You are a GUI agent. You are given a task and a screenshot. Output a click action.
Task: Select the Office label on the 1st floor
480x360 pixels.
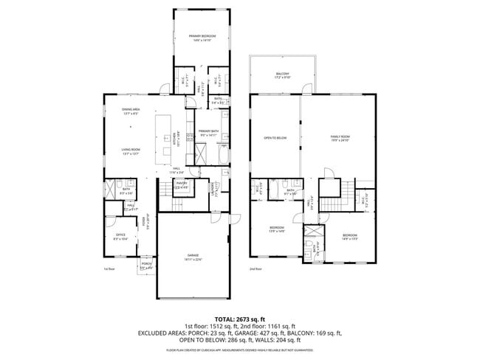tap(120, 235)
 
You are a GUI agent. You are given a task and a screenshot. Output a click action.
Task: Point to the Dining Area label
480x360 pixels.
tap(131, 109)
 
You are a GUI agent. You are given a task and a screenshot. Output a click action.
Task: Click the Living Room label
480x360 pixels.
tap(131, 150)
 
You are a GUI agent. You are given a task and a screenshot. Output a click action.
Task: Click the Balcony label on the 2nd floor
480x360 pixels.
tap(282, 74)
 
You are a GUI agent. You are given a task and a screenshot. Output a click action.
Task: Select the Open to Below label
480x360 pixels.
tap(275, 138)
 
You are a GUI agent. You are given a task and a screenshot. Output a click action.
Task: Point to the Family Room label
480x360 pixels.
tap(339, 137)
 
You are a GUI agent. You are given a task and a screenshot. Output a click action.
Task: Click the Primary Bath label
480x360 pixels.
tap(208, 131)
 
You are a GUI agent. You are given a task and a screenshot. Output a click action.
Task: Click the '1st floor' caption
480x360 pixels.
tap(110, 269)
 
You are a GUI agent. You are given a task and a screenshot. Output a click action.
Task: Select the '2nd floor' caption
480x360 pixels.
tap(256, 269)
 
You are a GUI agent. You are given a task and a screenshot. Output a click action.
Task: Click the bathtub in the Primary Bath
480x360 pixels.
tap(224, 156)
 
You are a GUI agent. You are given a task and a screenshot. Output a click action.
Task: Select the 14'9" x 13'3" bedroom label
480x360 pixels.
tap(350, 236)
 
